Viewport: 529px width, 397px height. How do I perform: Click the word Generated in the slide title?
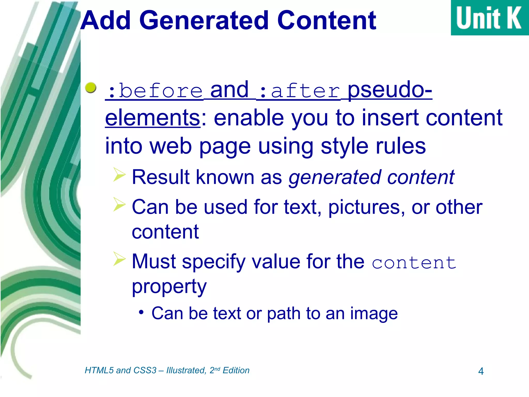pyautogui.click(x=204, y=21)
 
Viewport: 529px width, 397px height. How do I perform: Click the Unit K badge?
pyautogui.click(x=489, y=18)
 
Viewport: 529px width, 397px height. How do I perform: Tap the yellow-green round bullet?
pyautogui.click(x=91, y=88)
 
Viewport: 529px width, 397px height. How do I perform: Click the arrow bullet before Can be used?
pyautogui.click(x=119, y=204)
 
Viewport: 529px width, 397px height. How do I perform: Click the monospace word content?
pyautogui.click(x=414, y=263)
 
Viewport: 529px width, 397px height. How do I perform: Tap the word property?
pyautogui.click(x=169, y=287)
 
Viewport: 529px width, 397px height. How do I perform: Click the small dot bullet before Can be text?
pyautogui.click(x=141, y=312)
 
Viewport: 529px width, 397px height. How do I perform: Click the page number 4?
pyautogui.click(x=481, y=371)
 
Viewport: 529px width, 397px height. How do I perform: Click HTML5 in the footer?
pyautogui.click(x=99, y=370)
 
